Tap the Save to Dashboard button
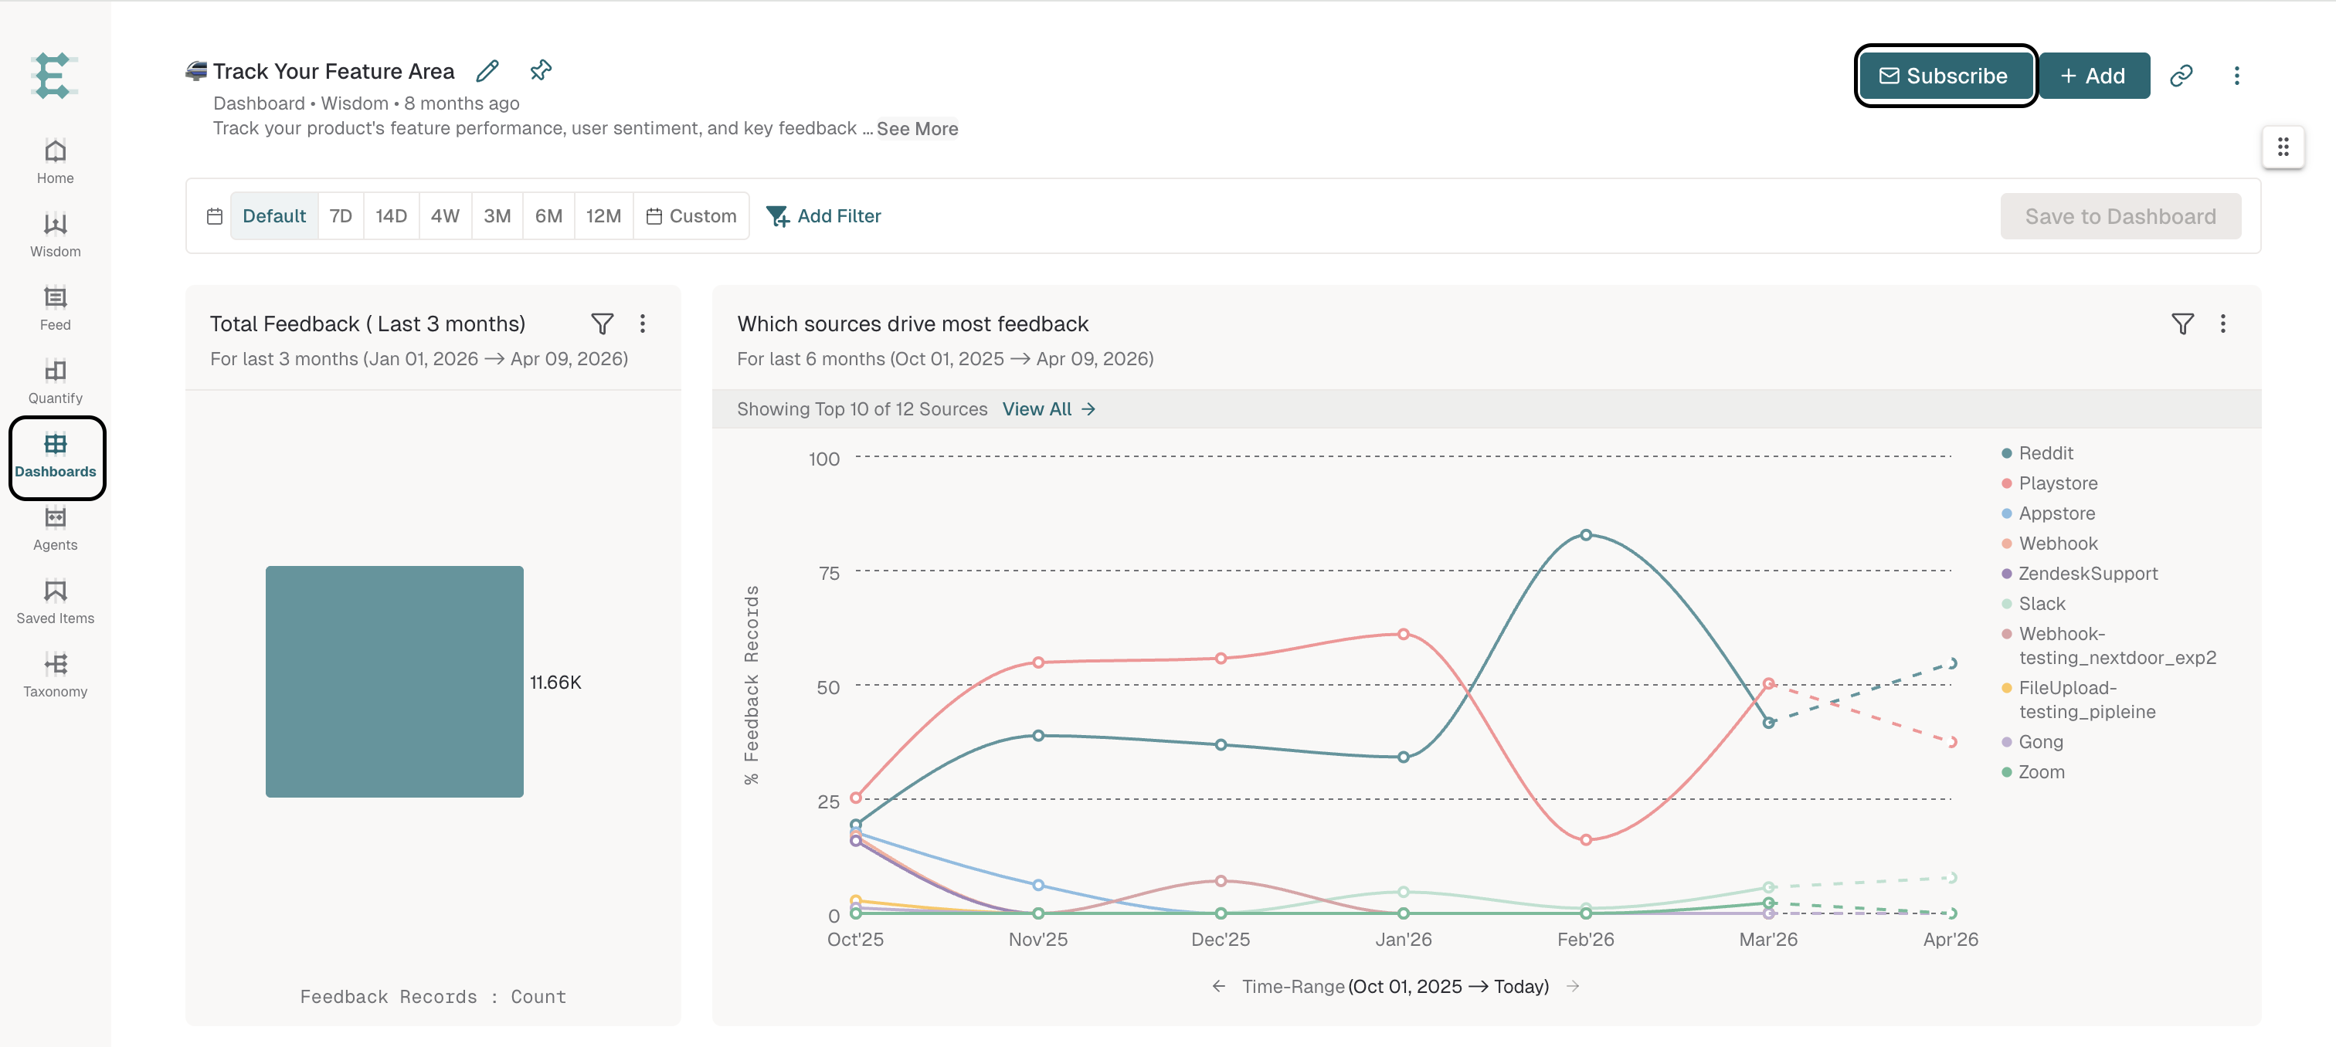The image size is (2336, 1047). [x=2120, y=215]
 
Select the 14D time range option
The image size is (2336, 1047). [x=391, y=215]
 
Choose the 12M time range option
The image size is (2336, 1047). [x=603, y=215]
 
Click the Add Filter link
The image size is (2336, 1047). [x=823, y=215]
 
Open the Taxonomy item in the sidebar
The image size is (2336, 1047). [x=56, y=674]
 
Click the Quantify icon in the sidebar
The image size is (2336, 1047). [x=56, y=371]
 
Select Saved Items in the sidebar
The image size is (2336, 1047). [x=56, y=601]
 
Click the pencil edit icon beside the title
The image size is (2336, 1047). [x=488, y=71]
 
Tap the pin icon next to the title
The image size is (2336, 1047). [x=542, y=69]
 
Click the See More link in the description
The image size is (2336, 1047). [x=917, y=129]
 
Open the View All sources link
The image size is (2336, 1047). [x=1049, y=408]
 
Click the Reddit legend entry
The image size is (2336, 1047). [x=2038, y=453]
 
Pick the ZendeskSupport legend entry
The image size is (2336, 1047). [x=2080, y=574]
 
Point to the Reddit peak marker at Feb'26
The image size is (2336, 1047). [x=1586, y=535]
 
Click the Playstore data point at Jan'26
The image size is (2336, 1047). [x=1404, y=634]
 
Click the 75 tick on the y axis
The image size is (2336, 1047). [x=829, y=573]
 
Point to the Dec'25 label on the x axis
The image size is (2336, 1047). [x=1221, y=939]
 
